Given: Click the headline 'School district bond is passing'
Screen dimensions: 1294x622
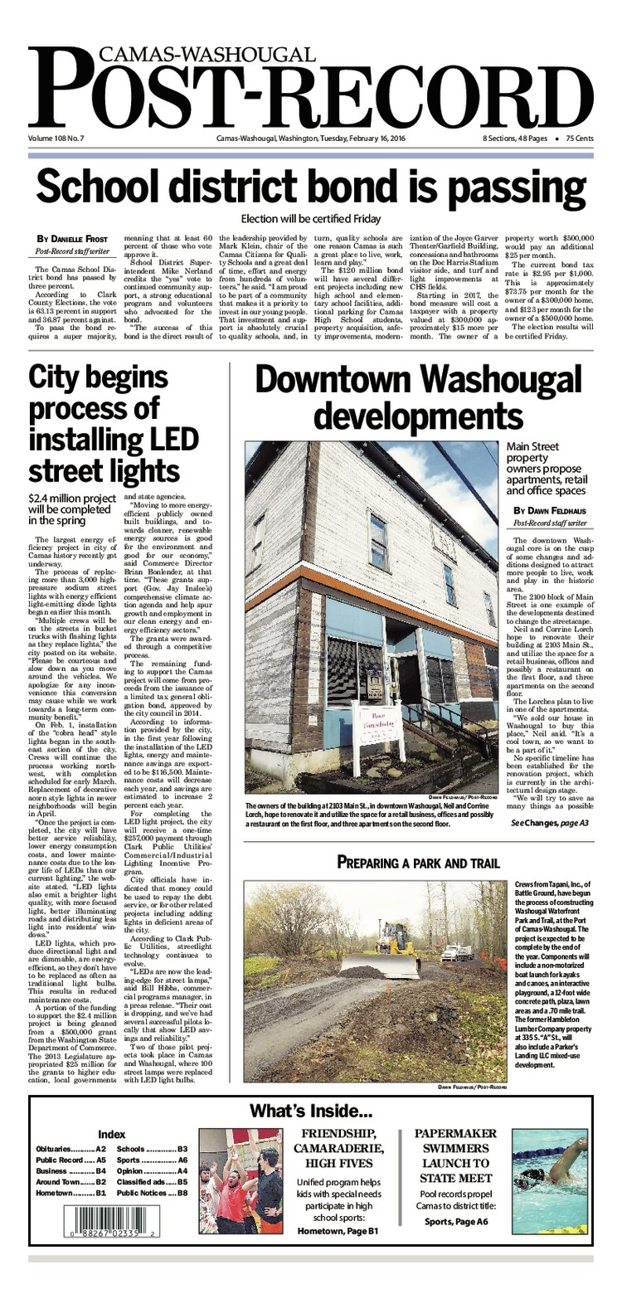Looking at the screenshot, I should pyautogui.click(x=311, y=186).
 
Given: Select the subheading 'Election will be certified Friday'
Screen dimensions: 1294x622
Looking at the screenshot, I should pyautogui.click(x=310, y=219).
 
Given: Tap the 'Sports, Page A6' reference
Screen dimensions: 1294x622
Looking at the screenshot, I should pyautogui.click(x=455, y=1221).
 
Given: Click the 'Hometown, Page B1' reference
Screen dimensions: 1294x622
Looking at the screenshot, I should pyautogui.click(x=338, y=1231).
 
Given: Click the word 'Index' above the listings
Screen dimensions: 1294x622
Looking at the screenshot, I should pyautogui.click(x=111, y=1134).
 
